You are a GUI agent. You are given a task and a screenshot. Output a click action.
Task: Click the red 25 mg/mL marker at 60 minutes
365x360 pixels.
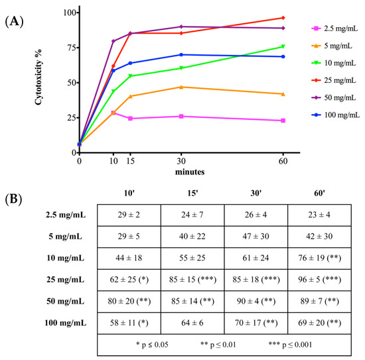pyautogui.click(x=283, y=18)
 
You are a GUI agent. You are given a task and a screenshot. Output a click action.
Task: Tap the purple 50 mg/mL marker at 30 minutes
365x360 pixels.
pyautogui.click(x=181, y=27)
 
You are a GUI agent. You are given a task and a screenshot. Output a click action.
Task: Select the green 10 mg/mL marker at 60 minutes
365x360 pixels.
pyautogui.click(x=283, y=47)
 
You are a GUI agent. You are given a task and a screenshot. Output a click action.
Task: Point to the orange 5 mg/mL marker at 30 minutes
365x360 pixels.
pyautogui.click(x=181, y=87)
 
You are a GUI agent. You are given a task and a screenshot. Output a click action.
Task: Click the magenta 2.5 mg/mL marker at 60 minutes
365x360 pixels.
pyautogui.click(x=283, y=121)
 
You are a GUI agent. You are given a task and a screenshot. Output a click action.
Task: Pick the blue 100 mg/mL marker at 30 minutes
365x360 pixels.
pyautogui.click(x=181, y=54)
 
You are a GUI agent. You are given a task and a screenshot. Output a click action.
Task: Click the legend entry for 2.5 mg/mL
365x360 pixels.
pyautogui.click(x=334, y=29)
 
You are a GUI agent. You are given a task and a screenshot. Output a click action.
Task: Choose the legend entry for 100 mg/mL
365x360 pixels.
pyautogui.click(x=335, y=115)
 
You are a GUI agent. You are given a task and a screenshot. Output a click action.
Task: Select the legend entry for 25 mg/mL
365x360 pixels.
pyautogui.click(x=334, y=80)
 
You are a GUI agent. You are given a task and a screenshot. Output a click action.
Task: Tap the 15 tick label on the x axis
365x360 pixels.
pyautogui.click(x=130, y=161)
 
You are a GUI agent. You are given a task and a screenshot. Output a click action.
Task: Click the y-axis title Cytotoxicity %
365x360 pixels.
pyautogui.click(x=38, y=77)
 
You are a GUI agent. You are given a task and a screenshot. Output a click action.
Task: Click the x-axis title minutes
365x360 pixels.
pyautogui.click(x=190, y=172)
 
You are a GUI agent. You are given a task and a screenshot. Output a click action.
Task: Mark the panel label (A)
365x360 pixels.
pyautogui.click(x=14, y=22)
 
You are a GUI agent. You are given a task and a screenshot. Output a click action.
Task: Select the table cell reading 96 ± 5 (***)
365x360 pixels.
pyautogui.click(x=319, y=280)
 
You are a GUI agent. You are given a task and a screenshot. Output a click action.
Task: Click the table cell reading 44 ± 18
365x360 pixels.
pyautogui.click(x=129, y=258)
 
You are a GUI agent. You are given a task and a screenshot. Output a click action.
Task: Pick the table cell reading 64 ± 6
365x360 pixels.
pyautogui.click(x=192, y=323)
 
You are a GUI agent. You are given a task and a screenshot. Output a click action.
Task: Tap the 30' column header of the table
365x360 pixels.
pyautogui.click(x=256, y=193)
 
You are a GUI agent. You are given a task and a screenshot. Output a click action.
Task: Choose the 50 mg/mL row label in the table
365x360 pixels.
pyautogui.click(x=66, y=301)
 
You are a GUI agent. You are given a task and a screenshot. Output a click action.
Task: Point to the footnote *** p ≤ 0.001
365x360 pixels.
pyautogui.click(x=290, y=345)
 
